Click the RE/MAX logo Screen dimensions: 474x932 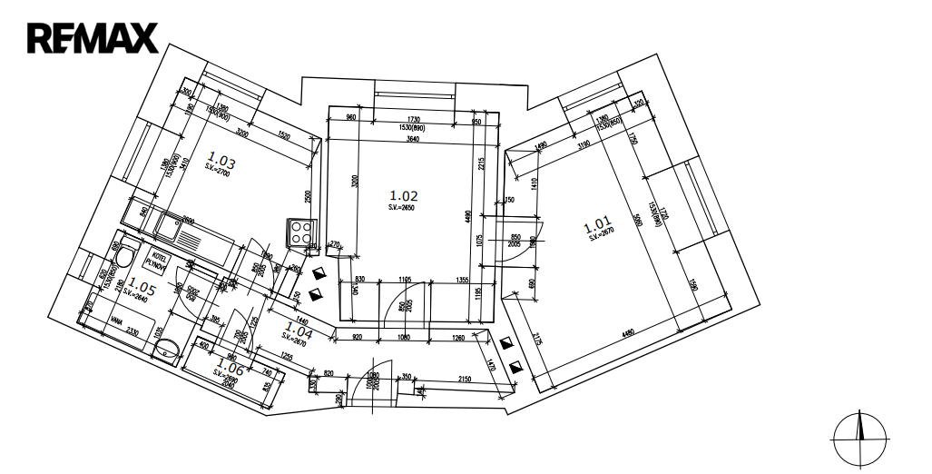click(93, 38)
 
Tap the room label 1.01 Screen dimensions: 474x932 click(597, 224)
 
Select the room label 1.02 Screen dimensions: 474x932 click(403, 195)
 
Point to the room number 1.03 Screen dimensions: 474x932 click(221, 163)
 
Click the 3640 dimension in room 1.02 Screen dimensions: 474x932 click(412, 139)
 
